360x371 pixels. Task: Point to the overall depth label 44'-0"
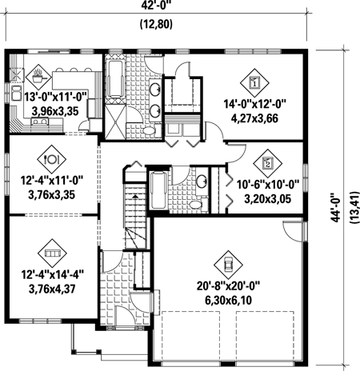coord(336,207)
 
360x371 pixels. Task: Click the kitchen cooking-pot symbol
coord(38,77)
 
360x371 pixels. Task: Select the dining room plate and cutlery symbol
coord(51,159)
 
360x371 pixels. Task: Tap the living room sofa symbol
coord(52,253)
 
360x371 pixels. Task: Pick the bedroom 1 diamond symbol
coord(254,83)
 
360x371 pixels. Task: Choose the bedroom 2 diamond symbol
coord(267,163)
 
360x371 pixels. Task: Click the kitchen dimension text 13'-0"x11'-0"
coord(56,97)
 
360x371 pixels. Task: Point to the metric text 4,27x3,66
coord(254,118)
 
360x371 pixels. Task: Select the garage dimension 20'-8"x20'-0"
coord(228,286)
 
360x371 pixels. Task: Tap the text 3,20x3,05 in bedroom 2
coord(267,198)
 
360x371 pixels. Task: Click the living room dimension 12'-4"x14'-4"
coord(52,274)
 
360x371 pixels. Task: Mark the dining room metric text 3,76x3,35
coord(52,194)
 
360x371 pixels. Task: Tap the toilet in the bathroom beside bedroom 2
coord(198,205)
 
